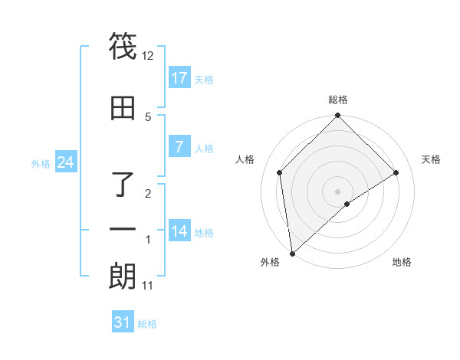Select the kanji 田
(123, 108)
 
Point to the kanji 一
(123, 229)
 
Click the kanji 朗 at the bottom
(123, 277)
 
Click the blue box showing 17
(179, 78)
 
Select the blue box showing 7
(179, 147)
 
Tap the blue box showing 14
(179, 231)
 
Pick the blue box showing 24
(65, 162)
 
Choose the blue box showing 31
(123, 322)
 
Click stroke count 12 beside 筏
(148, 56)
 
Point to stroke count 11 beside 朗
(148, 286)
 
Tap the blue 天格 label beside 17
(204, 79)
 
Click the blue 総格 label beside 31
(147, 324)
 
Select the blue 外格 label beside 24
(41, 163)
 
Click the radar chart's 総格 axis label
(338, 100)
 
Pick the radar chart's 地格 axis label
(402, 262)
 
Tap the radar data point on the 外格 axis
(291, 254)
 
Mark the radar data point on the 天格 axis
(396, 172)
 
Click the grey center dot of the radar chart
(338, 191)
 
